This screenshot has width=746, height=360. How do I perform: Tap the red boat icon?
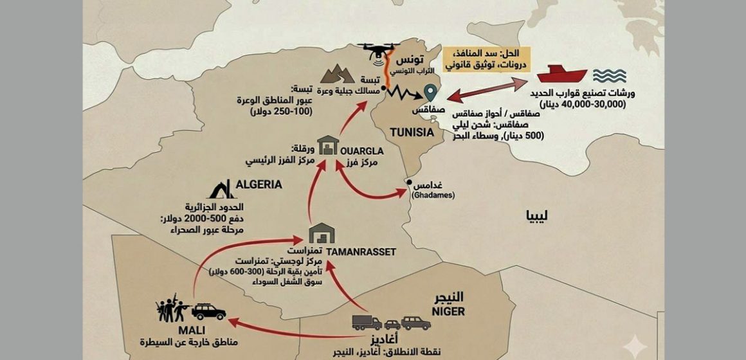[561, 74]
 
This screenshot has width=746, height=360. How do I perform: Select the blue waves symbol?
[609, 75]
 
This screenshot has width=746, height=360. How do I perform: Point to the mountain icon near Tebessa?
[344, 75]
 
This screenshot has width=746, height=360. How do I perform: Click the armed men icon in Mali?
[172, 308]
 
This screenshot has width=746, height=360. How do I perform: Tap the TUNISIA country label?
[411, 132]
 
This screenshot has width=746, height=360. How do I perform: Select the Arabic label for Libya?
[540, 230]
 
